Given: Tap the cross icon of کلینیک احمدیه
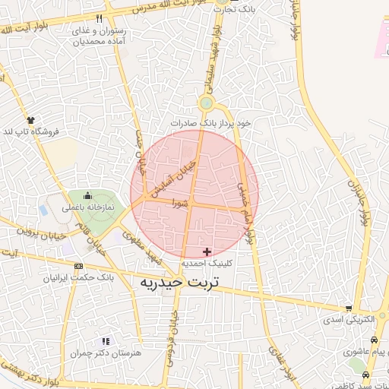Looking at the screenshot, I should point(207,251).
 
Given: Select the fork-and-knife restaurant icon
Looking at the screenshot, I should point(99,18).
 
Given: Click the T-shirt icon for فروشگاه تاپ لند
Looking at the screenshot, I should point(31,120).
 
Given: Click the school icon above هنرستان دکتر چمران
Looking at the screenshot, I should point(105,341).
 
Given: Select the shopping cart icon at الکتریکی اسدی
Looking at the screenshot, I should point(348,308).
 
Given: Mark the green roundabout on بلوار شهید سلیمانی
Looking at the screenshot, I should point(206,103).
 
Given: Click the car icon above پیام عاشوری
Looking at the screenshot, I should point(373,340).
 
